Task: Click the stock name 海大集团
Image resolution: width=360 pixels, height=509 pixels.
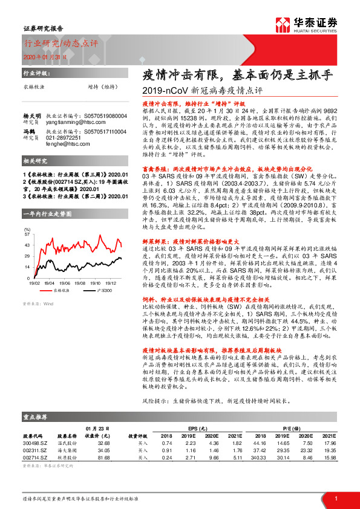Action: (x=67, y=450)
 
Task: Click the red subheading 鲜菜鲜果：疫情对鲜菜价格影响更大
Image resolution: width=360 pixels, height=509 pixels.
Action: (x=192, y=224)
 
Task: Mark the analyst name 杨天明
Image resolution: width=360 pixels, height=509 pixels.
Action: (x=32, y=114)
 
